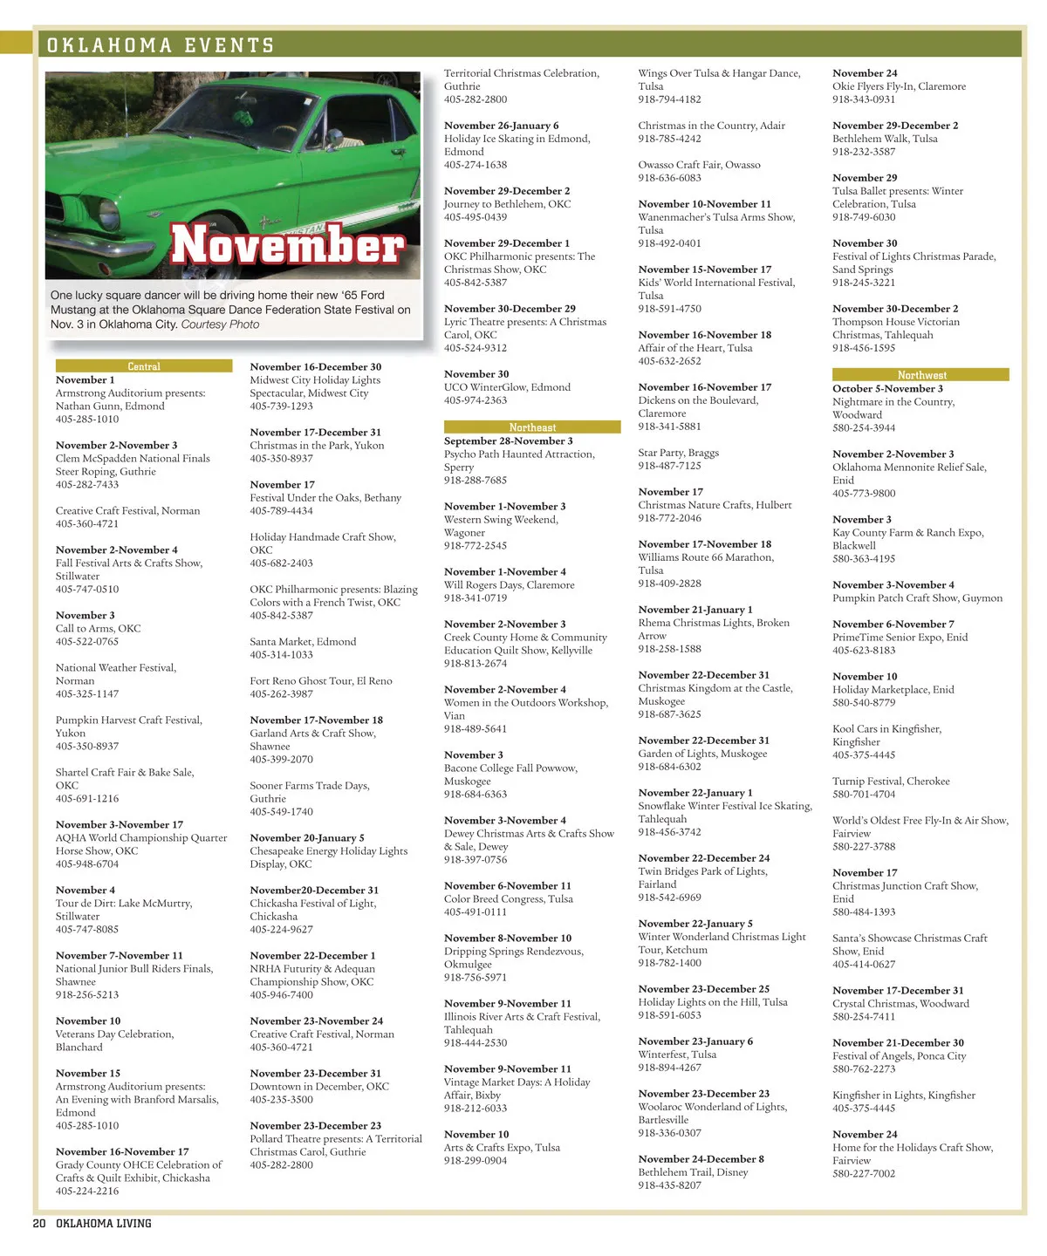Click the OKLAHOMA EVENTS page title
[x=161, y=45]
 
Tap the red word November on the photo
[x=288, y=244]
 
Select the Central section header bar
[x=144, y=366]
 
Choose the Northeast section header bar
[x=532, y=427]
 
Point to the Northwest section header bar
[x=921, y=375]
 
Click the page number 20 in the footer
[x=39, y=1224]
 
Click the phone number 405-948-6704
[x=87, y=864]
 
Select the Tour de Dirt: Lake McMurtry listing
[x=124, y=904]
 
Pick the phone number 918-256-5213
[x=87, y=995]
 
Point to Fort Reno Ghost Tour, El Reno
[x=321, y=681]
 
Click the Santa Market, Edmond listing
[x=303, y=642]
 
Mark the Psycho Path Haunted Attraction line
[x=519, y=454]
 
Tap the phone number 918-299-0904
[x=476, y=1161]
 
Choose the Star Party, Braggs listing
[x=678, y=454]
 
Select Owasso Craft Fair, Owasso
[x=699, y=165]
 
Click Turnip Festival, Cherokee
[x=891, y=782]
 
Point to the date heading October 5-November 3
[x=887, y=389]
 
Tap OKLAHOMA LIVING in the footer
[x=104, y=1224]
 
